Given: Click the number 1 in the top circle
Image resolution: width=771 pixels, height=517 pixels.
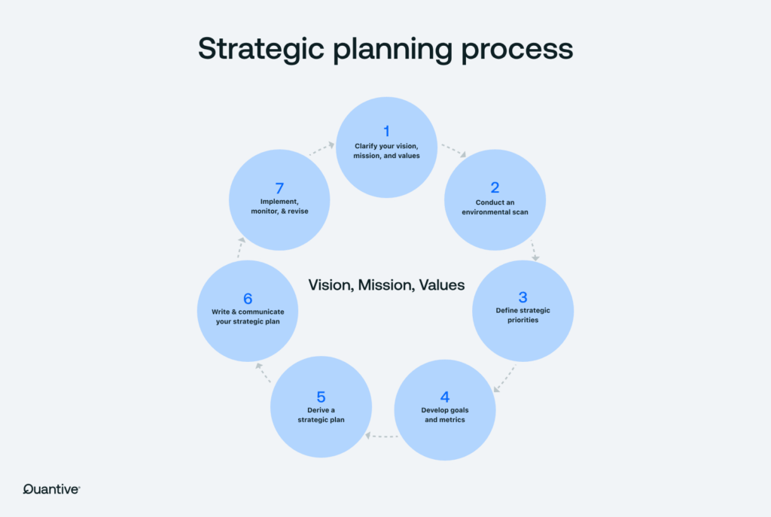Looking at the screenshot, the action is [x=386, y=131].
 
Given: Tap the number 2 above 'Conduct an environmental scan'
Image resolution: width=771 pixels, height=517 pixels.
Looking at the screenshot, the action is [x=495, y=187].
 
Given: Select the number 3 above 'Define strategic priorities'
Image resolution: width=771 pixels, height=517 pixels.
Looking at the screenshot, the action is [x=523, y=297].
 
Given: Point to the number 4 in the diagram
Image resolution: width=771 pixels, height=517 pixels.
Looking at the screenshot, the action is [x=445, y=397].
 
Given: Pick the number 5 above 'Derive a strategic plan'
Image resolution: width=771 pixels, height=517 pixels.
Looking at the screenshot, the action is [x=321, y=397].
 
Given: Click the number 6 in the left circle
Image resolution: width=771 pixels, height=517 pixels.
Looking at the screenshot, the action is [x=248, y=298].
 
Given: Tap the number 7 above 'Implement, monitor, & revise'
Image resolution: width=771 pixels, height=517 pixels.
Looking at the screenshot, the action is [x=279, y=188].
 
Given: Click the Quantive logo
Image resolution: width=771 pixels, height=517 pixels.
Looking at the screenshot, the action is [x=52, y=489].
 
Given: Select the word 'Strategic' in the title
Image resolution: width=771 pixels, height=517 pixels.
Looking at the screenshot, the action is [x=261, y=49].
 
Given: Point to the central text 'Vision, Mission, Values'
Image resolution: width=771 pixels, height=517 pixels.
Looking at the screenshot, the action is [x=386, y=285].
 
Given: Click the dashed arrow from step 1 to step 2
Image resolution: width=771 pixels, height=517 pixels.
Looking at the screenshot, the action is [x=453, y=151].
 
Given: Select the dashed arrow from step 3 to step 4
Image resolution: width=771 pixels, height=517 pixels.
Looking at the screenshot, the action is [x=504, y=379].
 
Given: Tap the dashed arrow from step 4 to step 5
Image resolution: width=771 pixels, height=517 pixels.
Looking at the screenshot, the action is [x=382, y=436].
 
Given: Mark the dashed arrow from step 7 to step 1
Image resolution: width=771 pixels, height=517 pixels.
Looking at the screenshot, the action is [x=322, y=149].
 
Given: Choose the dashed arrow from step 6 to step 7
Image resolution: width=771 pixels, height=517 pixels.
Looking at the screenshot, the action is [x=241, y=248].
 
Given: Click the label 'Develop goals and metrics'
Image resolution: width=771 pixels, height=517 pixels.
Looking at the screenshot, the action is [x=445, y=415].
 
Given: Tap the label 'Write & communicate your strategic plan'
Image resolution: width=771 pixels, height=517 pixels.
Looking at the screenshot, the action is [x=248, y=317].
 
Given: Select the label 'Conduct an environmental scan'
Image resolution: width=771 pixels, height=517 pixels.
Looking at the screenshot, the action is [x=495, y=207].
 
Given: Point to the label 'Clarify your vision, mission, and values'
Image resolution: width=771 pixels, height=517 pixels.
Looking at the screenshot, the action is [x=386, y=151].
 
